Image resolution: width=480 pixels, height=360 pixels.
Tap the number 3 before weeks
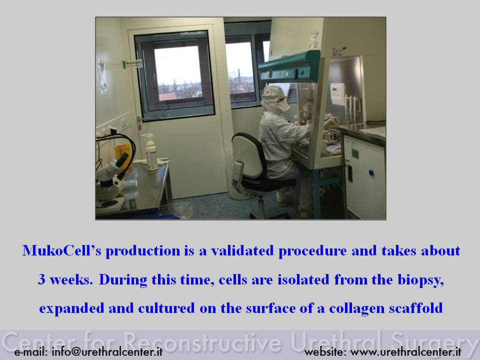point(41,279)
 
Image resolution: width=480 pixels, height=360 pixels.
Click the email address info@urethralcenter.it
point(107,351)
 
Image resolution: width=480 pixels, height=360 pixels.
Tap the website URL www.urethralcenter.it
point(405,351)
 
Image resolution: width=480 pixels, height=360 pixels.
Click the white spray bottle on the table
point(150,152)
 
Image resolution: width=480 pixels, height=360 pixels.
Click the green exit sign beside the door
point(132,64)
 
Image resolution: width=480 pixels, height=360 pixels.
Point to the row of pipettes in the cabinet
point(352,107)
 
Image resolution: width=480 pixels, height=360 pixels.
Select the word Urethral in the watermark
point(336,341)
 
